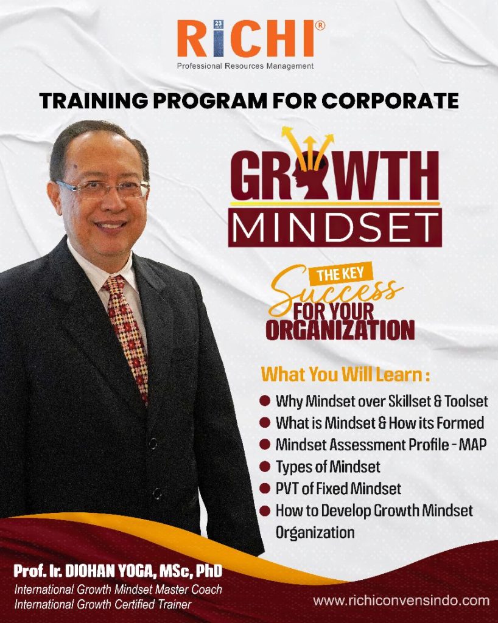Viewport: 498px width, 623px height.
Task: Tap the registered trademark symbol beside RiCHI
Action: click(x=320, y=26)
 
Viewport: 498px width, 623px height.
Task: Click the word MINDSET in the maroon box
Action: click(x=335, y=228)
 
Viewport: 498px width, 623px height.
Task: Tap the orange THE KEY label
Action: click(x=340, y=274)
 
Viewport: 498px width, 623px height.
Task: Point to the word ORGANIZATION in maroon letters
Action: click(x=340, y=330)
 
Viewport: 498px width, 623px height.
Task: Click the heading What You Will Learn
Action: click(x=345, y=375)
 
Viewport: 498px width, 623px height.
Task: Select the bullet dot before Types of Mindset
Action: click(x=265, y=466)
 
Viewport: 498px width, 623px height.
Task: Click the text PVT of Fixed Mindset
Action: click(x=338, y=489)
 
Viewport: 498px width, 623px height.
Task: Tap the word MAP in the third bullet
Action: click(x=472, y=445)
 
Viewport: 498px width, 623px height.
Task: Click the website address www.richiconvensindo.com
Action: click(x=401, y=600)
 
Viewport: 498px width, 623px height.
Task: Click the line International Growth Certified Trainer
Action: click(x=102, y=604)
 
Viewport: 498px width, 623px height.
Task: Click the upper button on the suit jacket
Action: click(x=153, y=443)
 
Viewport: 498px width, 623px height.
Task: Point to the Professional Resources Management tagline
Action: click(x=245, y=66)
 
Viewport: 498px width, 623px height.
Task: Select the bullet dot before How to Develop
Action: click(x=265, y=510)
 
